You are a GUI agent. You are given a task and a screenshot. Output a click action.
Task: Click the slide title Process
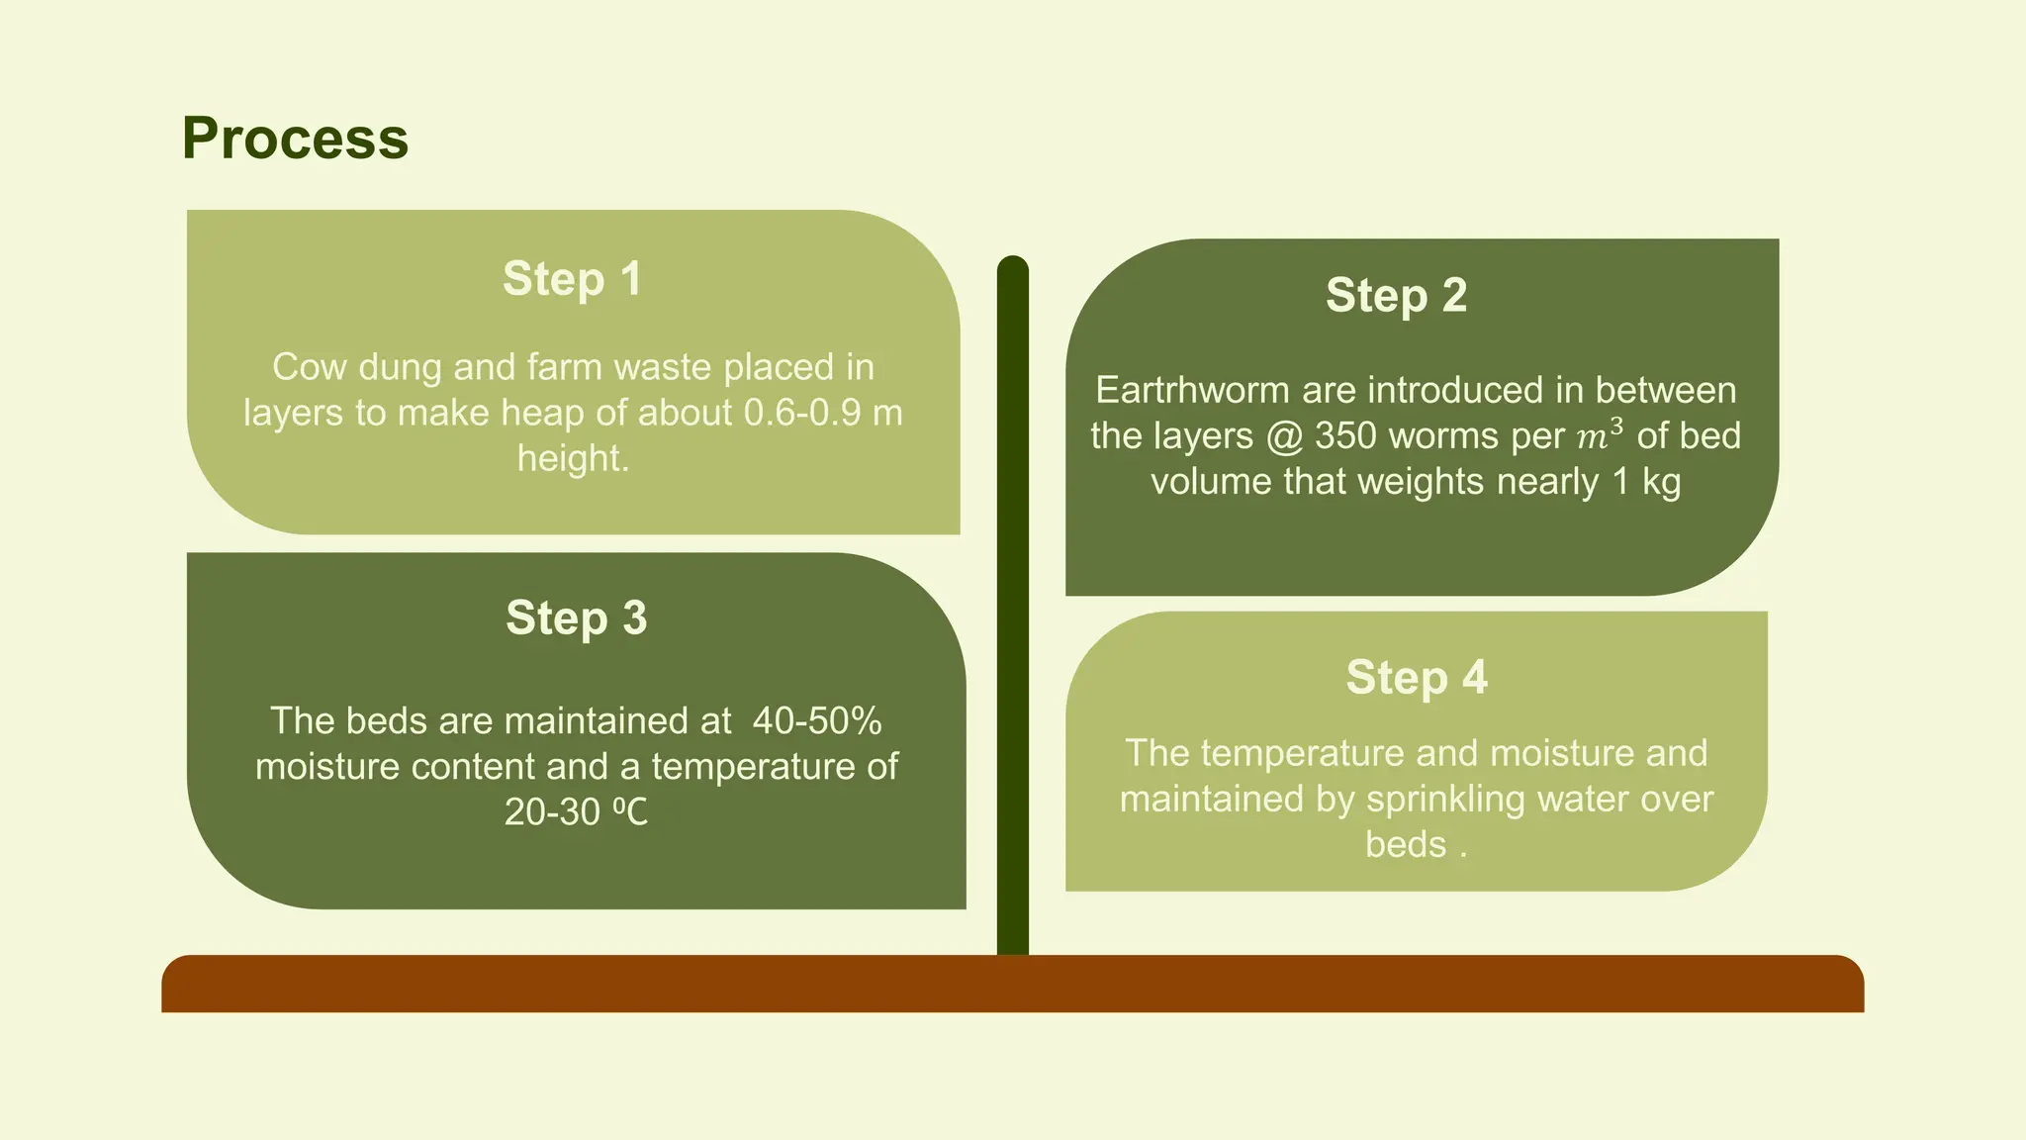(295, 138)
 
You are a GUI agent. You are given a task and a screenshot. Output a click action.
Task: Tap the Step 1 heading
(572, 278)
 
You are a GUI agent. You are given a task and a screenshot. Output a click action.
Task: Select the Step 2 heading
(1396, 295)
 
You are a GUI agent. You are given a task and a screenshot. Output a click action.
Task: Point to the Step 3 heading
(576, 617)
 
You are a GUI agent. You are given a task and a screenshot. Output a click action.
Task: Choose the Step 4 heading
(1416, 677)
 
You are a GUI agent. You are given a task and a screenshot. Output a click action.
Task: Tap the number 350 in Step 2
(1345, 435)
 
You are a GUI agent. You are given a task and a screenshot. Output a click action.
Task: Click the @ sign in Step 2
(1283, 436)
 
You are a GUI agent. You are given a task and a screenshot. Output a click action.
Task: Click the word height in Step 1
(571, 458)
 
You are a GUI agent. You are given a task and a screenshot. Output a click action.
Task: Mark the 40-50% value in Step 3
(816, 720)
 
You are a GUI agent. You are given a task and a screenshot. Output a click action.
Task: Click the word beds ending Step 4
(1405, 844)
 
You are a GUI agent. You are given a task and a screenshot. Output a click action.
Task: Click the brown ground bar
(1012, 984)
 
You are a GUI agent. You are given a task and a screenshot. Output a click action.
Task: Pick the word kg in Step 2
(1661, 482)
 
